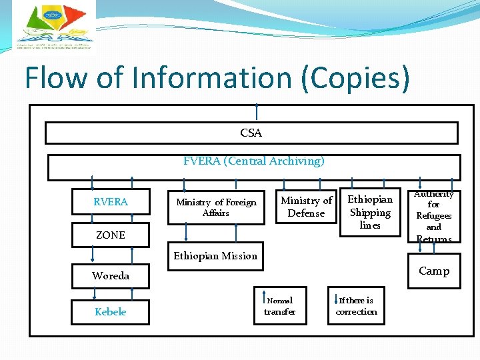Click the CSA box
[251, 133]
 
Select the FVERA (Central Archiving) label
[253, 161]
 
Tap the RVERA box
[111, 202]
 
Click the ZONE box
[111, 235]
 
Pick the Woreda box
[111, 276]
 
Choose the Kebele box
[111, 311]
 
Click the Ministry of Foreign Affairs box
[215, 207]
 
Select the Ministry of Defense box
[306, 207]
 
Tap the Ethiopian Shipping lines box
[370, 213]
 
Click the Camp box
[433, 271]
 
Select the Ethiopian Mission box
[215, 256]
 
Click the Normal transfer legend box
[279, 306]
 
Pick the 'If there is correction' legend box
[356, 306]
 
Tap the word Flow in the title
[56, 79]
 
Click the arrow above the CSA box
[257, 112]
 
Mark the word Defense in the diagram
[306, 213]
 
